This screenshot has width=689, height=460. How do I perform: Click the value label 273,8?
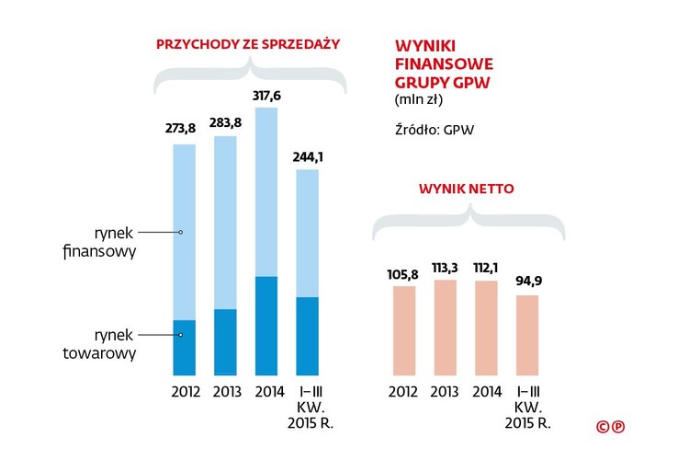pos(180,128)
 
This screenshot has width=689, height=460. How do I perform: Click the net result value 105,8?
pos(403,273)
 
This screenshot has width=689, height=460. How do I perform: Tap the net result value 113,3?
pos(445,267)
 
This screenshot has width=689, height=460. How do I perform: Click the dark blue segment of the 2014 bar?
pos(266,326)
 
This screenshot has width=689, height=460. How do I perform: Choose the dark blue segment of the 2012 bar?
pos(184,348)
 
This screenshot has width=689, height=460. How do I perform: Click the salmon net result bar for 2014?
pos(486,328)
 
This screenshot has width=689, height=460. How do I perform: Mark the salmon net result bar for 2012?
pos(403,331)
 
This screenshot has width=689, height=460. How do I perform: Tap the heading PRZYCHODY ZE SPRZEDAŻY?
pos(248,43)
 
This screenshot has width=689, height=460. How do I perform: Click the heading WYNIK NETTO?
pos(466,189)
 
